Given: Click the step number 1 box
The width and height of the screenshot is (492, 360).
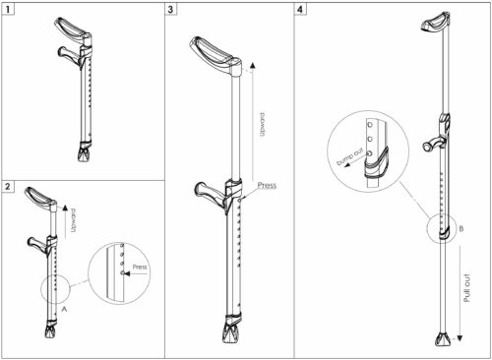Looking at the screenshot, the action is [8, 10].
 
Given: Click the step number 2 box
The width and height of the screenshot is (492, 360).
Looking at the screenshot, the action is [8, 187].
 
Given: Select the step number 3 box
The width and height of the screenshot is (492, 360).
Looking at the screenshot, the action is [170, 10].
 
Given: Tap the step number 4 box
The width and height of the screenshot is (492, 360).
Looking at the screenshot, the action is [300, 10].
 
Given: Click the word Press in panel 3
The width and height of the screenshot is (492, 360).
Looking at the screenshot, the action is [267, 185].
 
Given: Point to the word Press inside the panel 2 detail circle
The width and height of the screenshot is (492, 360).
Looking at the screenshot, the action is [140, 267].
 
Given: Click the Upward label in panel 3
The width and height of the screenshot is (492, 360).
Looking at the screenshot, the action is [262, 124].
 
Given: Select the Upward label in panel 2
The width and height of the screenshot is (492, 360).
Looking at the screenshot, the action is [74, 220].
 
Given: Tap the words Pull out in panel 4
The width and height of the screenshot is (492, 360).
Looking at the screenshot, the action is [467, 288].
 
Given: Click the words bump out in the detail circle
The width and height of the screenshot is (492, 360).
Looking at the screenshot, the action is [350, 157].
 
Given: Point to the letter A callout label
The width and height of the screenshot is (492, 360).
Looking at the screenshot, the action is [64, 309].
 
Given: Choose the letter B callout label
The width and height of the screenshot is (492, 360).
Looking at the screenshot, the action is [461, 228].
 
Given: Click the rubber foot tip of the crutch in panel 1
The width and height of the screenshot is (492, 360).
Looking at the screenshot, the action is [85, 153].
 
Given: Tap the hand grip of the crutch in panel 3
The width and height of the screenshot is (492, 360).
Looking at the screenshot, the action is [210, 194].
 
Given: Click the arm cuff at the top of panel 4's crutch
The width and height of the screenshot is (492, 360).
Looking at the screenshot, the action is [435, 22].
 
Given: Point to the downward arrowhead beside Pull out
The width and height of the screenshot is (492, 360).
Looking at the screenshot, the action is [460, 338].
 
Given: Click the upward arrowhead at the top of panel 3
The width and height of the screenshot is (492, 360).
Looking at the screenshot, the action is [252, 65].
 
